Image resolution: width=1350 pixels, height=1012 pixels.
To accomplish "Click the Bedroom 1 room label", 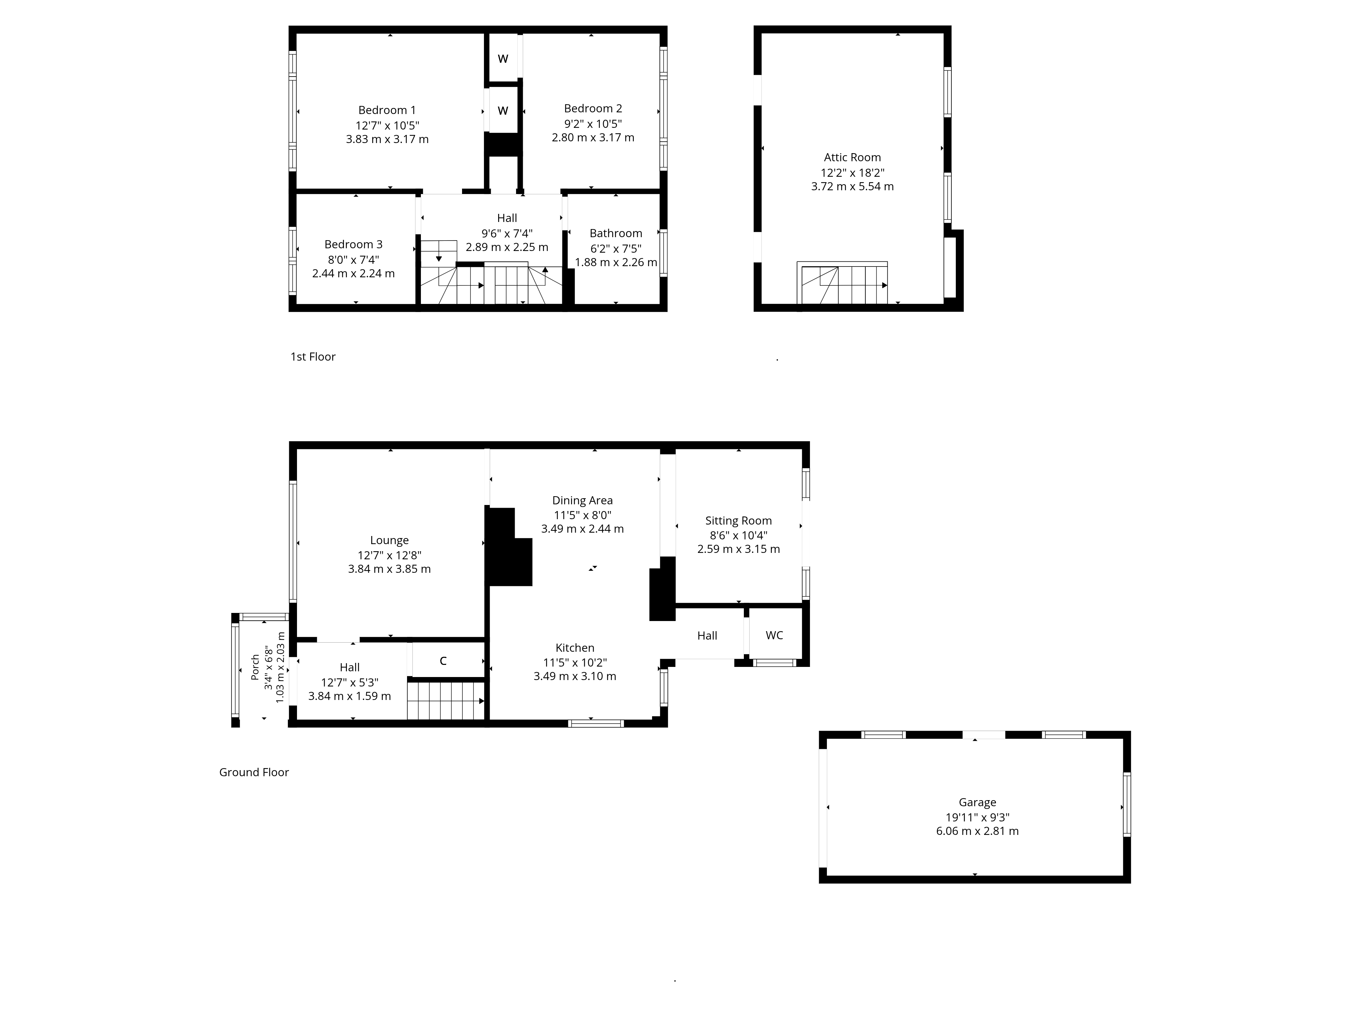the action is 387,110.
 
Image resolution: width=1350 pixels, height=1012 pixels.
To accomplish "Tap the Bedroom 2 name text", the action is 593,109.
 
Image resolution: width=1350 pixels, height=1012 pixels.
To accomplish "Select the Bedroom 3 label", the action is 353,245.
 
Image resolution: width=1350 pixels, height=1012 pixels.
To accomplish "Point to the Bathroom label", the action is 616,234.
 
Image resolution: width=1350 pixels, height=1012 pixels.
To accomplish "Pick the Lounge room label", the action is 389,540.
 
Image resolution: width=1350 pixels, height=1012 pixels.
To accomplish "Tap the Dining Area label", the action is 582,501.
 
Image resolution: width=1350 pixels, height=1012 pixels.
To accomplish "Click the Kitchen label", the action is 574,648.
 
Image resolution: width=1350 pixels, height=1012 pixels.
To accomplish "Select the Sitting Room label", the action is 738,521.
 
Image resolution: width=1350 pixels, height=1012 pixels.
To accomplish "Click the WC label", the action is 775,636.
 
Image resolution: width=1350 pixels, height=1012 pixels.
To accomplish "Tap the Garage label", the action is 977,803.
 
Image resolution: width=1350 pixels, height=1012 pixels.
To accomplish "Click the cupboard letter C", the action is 443,660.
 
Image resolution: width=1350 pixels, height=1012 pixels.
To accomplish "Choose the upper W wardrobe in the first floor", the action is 503,59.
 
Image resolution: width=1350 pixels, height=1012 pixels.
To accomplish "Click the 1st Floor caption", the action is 313,357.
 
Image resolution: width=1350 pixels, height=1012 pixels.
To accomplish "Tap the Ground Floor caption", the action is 254,772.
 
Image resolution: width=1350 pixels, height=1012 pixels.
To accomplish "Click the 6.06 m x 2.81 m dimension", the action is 977,831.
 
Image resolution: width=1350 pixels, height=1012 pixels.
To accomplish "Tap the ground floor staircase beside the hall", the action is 446,701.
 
